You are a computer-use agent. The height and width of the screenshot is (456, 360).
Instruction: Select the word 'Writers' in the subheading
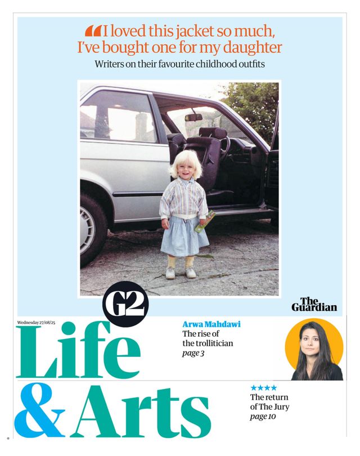(x=111, y=64)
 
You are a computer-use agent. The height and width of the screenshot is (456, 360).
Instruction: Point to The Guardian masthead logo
(x=314, y=305)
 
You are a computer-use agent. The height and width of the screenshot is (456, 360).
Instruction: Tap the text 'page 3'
(x=193, y=353)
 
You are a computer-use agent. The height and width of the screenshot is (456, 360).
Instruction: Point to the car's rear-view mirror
(x=193, y=118)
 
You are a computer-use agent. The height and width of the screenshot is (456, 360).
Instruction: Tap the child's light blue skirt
(x=184, y=236)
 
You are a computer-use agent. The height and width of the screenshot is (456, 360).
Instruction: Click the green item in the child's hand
(x=204, y=221)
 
